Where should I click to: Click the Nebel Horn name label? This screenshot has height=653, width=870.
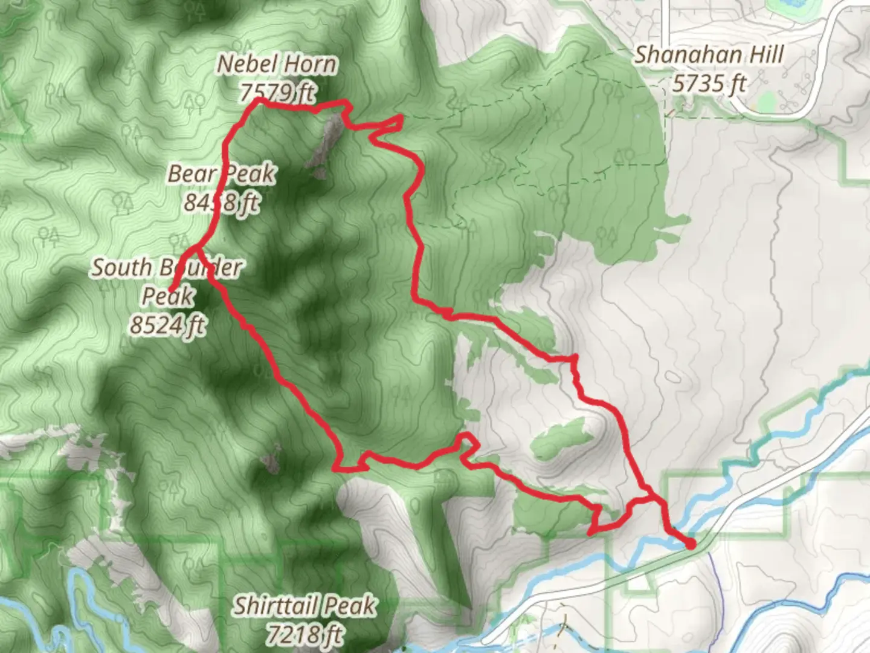[x=277, y=64]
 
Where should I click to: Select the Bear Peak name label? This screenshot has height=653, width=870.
[x=221, y=174]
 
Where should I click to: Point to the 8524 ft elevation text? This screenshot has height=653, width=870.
[x=167, y=325]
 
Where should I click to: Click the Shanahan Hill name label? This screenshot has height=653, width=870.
[x=709, y=55]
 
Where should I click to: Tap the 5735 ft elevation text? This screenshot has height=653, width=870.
[x=709, y=83]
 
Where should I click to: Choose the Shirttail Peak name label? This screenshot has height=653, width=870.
[x=305, y=605]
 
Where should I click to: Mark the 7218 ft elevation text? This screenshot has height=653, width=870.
[x=304, y=634]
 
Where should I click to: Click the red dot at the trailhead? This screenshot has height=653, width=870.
[x=690, y=545]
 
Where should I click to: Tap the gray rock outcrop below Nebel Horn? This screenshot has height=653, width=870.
[x=325, y=145]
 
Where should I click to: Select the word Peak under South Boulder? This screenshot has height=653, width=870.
[x=167, y=296]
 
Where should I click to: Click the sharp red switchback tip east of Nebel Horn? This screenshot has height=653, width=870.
[x=401, y=117]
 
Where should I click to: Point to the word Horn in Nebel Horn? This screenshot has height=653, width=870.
[x=311, y=64]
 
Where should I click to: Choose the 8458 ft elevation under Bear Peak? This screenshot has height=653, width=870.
[x=221, y=203]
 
